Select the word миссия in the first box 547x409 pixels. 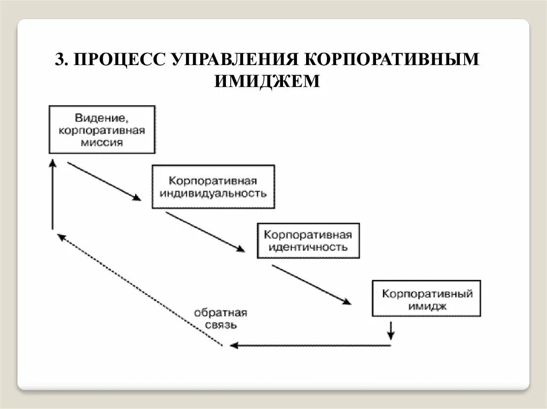pos(102,142)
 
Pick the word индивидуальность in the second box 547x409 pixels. pos(213,193)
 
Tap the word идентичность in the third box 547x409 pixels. pos(308,247)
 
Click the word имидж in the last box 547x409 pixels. pos(426,306)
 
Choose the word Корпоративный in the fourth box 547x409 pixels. pos(426,294)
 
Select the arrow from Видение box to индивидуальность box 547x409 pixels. pos(104,181)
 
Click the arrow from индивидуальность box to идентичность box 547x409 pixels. pos(205,231)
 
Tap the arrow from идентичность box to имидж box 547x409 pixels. pos(311,285)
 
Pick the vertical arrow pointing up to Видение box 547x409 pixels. pos(52,195)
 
